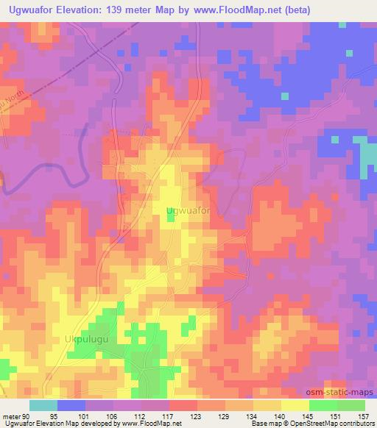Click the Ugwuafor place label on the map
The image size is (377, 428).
coord(189,211)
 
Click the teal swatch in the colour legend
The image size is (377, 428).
coord(43,406)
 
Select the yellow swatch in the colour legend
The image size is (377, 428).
coord(295,406)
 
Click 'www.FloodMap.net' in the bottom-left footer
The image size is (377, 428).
coord(147,423)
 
